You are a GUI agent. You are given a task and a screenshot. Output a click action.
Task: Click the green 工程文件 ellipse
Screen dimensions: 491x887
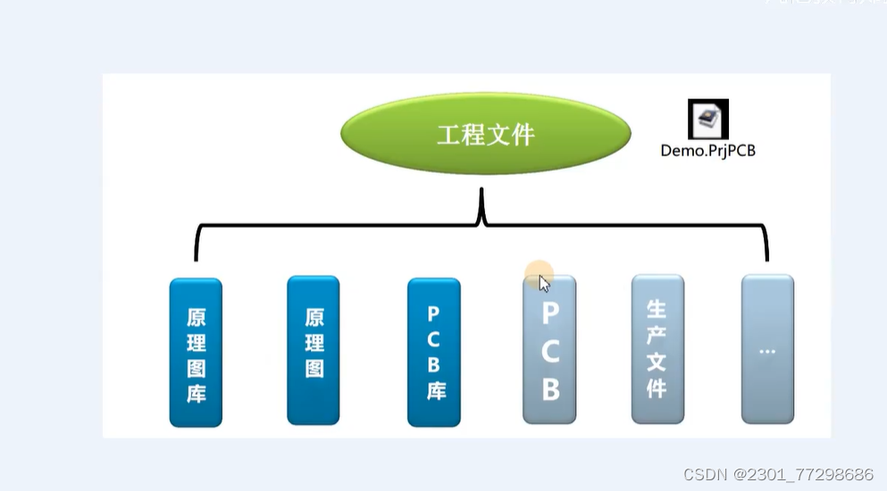pyautogui.click(x=485, y=135)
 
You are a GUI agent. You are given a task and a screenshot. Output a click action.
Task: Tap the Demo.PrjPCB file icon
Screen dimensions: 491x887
pyautogui.click(x=707, y=119)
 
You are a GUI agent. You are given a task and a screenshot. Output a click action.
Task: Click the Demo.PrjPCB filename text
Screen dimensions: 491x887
pyautogui.click(x=707, y=151)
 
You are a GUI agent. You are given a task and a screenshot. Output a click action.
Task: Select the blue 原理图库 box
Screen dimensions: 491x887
pyautogui.click(x=196, y=353)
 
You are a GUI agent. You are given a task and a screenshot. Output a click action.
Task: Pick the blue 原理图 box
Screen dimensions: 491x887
pyautogui.click(x=314, y=350)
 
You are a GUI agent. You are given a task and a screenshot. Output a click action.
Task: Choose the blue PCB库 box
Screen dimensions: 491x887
pyautogui.click(x=434, y=352)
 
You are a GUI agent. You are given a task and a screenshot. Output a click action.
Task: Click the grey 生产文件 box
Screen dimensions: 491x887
pyautogui.click(x=657, y=348)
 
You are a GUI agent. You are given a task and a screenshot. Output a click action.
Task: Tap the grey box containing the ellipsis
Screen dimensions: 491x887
pyautogui.click(x=767, y=348)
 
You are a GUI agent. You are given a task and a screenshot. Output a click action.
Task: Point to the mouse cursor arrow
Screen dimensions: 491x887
pyautogui.click(x=544, y=282)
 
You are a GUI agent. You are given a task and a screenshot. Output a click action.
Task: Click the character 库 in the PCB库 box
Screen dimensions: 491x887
pyautogui.click(x=435, y=391)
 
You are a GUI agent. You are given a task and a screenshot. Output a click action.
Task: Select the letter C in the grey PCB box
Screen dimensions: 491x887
pyautogui.click(x=550, y=352)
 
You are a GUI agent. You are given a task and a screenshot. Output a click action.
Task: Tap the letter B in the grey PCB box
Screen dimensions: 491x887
pyautogui.click(x=550, y=389)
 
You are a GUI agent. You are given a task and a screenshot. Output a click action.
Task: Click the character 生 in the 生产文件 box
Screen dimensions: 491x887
pyautogui.click(x=657, y=309)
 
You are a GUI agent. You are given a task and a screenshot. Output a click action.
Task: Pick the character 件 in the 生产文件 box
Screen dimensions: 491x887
pyautogui.click(x=657, y=389)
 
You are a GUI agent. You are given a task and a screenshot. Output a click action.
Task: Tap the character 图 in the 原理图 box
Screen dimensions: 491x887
pyautogui.click(x=314, y=369)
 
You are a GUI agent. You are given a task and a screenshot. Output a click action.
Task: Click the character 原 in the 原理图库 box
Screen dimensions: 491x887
pyautogui.click(x=197, y=317)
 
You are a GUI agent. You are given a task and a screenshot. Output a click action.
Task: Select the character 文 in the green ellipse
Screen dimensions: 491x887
pyautogui.click(x=497, y=135)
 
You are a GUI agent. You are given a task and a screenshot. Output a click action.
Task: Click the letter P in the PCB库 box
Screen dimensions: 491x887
pyautogui.click(x=434, y=314)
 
